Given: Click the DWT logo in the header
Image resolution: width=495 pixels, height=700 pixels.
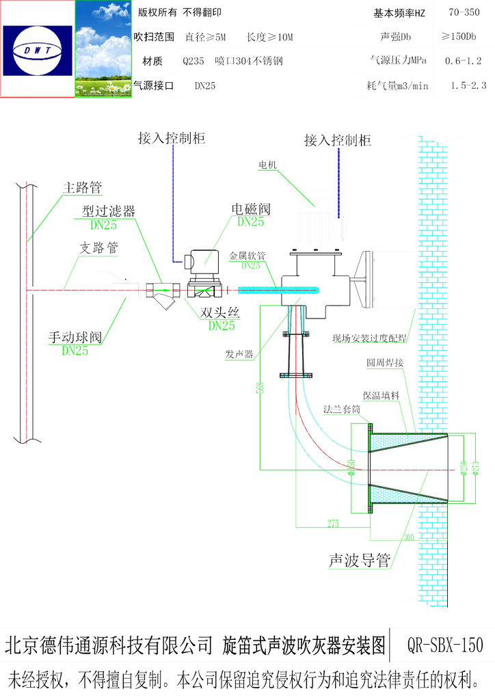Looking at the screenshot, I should (x=38, y=49).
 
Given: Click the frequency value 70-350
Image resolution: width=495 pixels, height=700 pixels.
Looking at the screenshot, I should (x=463, y=12).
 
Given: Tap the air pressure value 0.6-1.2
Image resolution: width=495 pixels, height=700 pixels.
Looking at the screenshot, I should (x=463, y=61).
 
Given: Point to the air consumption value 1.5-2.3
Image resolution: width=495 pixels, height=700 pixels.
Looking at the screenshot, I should (x=468, y=85).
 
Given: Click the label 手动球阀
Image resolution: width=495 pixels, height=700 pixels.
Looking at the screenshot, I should (x=75, y=337).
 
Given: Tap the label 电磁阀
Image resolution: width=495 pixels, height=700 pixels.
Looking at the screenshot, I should (x=251, y=208).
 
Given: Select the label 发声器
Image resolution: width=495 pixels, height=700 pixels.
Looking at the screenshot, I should (x=239, y=354).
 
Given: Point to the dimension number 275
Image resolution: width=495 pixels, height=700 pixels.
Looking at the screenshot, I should (x=333, y=524).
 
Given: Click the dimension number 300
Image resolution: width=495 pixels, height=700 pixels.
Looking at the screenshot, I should (x=409, y=537).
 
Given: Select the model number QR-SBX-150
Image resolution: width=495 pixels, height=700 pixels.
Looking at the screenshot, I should (x=444, y=645).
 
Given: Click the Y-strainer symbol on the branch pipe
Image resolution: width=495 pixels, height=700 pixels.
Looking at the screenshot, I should (x=163, y=295).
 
